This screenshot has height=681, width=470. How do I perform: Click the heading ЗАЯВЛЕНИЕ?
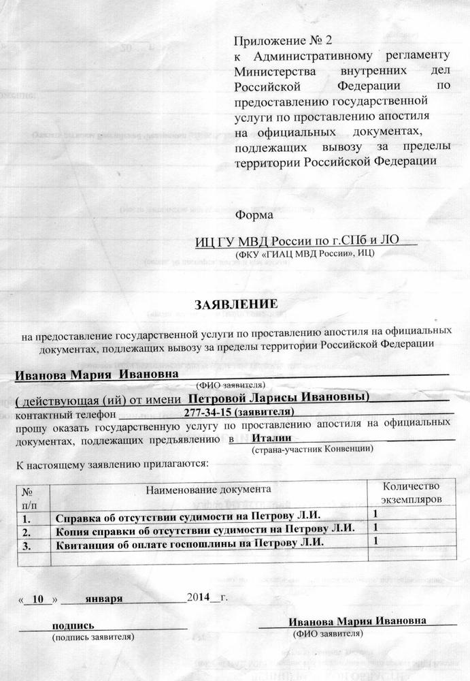[237, 304]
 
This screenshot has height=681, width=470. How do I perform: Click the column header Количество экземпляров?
[407, 493]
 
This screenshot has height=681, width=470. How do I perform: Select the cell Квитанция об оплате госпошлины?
[188, 543]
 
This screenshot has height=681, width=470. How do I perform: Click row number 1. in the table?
[29, 515]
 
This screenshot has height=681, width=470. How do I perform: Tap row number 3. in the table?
[29, 543]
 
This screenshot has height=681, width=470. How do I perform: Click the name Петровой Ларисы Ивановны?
[278, 397]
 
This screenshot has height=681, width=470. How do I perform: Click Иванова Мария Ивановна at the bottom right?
[357, 622]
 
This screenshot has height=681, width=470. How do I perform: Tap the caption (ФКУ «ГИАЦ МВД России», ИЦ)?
[304, 253]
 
